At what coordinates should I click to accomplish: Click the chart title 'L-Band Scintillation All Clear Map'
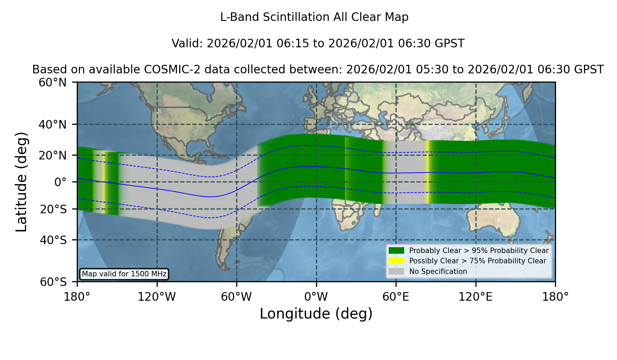pyautogui.click(x=314, y=17)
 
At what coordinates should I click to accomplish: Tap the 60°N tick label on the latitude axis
pyautogui.click(x=52, y=83)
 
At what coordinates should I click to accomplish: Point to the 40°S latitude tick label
pyautogui.click(x=53, y=240)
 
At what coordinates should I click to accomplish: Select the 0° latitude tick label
pyautogui.click(x=60, y=182)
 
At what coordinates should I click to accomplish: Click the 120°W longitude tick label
pyautogui.click(x=157, y=297)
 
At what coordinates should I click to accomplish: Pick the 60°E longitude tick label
pyautogui.click(x=396, y=297)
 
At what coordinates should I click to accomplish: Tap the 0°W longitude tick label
pyautogui.click(x=316, y=297)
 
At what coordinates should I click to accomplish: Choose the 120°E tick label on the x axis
pyautogui.click(x=475, y=297)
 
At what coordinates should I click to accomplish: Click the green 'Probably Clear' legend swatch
pyautogui.click(x=396, y=250)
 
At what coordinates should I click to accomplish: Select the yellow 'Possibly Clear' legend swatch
pyautogui.click(x=396, y=261)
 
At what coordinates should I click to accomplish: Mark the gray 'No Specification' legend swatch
pyautogui.click(x=396, y=272)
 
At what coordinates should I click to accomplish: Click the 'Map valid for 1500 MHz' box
pyautogui.click(x=124, y=274)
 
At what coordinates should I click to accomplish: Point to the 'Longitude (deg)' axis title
pyautogui.click(x=316, y=314)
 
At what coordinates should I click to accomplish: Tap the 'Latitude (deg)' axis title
pyautogui.click(x=21, y=182)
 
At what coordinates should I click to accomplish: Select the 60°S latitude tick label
pyautogui.click(x=53, y=282)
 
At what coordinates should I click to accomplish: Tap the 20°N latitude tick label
pyautogui.click(x=52, y=155)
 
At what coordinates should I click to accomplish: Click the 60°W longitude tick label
pyautogui.click(x=237, y=297)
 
